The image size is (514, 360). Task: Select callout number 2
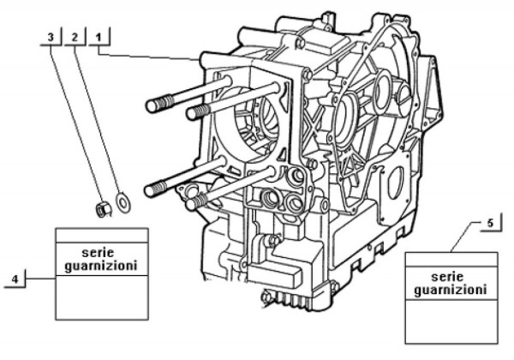pyautogui.click(x=75, y=37)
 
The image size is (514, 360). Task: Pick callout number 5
pyautogui.click(x=489, y=224)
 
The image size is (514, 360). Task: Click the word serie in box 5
pyautogui.click(x=451, y=278)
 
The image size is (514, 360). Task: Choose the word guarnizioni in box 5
pyautogui.click(x=451, y=291)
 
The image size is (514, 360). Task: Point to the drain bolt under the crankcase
pyautogui.click(x=265, y=297)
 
